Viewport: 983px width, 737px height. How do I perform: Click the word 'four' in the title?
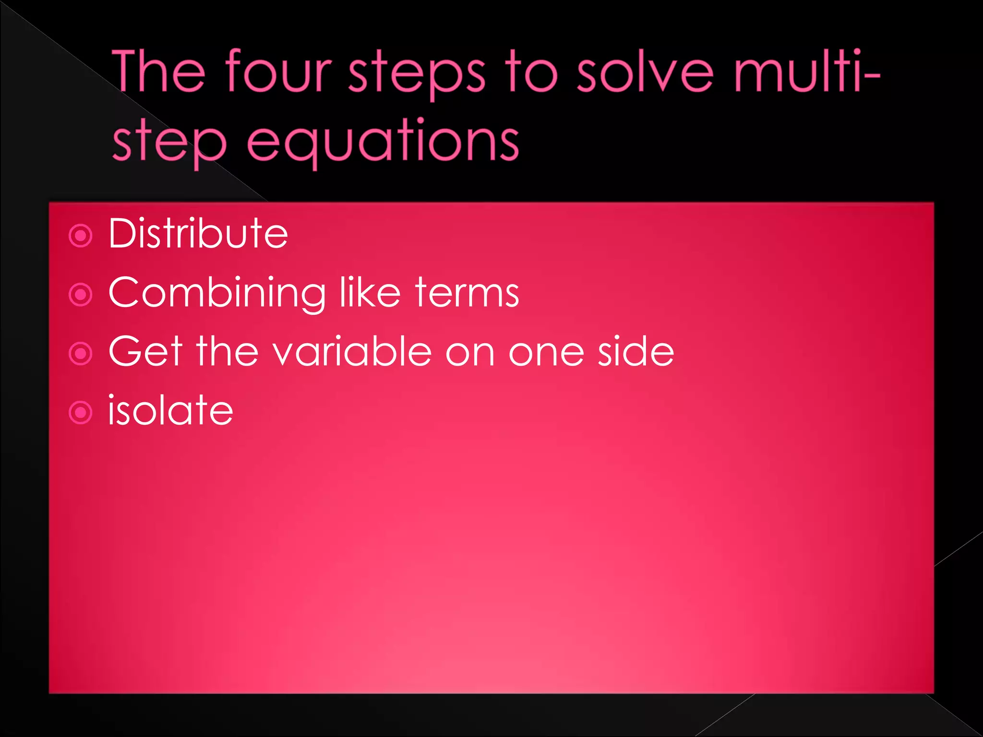278,72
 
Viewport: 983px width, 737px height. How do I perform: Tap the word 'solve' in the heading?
645,72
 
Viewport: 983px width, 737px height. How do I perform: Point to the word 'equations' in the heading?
383,142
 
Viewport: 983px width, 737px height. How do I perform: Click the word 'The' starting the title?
159,72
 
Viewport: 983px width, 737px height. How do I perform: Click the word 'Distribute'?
198,234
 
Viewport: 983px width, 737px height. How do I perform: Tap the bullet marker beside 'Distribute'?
81,236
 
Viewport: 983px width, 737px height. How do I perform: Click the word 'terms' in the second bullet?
467,293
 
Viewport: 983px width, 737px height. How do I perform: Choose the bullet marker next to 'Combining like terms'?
81,295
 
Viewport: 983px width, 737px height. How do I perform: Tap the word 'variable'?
352,351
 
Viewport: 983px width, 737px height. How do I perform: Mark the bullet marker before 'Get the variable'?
81,354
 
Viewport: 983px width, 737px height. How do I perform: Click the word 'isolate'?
170,410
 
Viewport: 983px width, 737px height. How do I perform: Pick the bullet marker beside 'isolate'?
81,412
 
